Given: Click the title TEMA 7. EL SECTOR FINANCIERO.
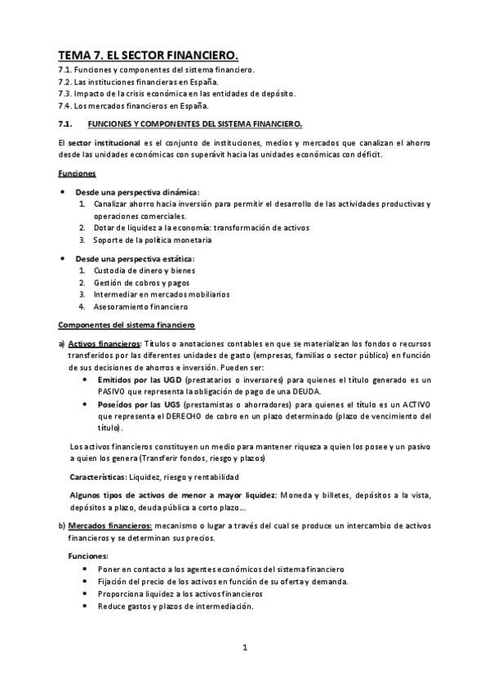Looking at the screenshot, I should tap(148, 56).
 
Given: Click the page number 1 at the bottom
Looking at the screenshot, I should tap(244, 648).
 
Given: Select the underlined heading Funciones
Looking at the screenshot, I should tap(78, 173).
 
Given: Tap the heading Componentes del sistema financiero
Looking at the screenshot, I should tap(126, 324).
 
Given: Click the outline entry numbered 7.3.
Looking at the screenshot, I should tap(176, 93).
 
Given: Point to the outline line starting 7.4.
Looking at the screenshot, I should tap(133, 105).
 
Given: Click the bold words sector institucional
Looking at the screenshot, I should tap(98, 143).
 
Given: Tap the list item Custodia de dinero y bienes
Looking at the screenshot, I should tap(144, 270).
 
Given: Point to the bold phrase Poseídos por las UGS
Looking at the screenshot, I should tap(139, 405).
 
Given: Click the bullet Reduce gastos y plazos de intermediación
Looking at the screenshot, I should tap(175, 606).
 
